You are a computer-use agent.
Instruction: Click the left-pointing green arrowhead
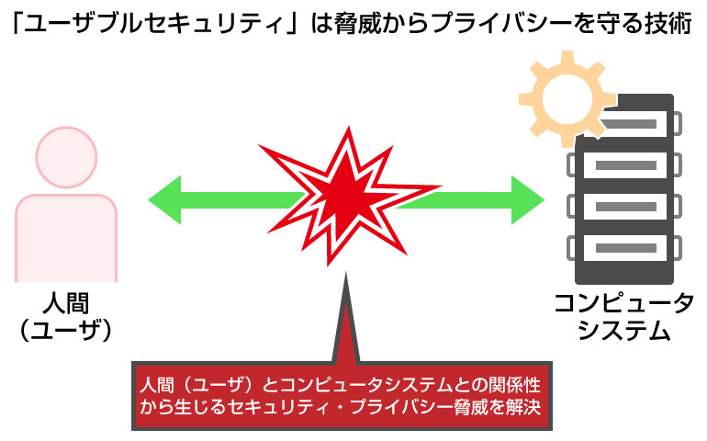coord(165,200)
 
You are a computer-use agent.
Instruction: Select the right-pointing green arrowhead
coord(528,200)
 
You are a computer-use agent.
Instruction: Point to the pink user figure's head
coord(66,157)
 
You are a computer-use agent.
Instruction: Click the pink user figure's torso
coord(66,238)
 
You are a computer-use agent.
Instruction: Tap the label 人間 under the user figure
coord(66,303)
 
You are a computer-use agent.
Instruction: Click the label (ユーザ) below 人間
coord(66,330)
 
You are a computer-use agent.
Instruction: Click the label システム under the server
coord(624,330)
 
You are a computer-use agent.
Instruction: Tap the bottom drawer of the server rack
coord(624,248)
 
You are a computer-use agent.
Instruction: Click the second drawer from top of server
coord(624,165)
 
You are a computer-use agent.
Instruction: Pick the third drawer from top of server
coord(624,207)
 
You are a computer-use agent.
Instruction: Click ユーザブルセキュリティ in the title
coord(156,23)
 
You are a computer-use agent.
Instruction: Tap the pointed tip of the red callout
coord(346,273)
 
